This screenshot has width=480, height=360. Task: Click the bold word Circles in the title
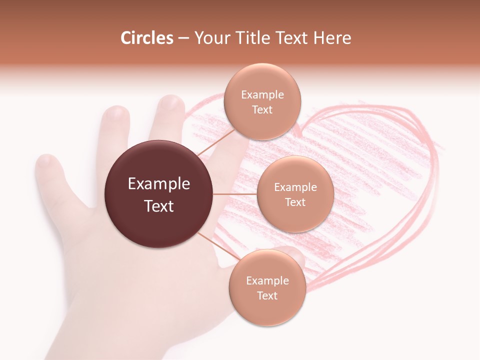tap(146, 38)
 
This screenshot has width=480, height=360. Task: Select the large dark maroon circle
tap(158, 194)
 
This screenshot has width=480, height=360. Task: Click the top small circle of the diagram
tap(262, 102)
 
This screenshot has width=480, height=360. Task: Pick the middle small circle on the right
tap(295, 194)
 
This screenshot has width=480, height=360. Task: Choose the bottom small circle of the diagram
tap(267, 287)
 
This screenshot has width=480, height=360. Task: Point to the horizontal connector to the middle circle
tap(234, 194)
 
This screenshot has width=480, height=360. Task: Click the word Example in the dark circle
tap(158, 184)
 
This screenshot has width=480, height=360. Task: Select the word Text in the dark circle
tap(158, 206)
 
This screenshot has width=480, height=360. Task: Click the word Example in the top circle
tap(262, 95)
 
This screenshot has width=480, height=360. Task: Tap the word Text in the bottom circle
tap(267, 295)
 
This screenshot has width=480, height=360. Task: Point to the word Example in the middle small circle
tap(295, 187)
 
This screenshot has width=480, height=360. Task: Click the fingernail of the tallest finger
tap(171, 103)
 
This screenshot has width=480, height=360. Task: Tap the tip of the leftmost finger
tap(46, 161)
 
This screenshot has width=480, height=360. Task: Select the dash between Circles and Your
tap(183, 38)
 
